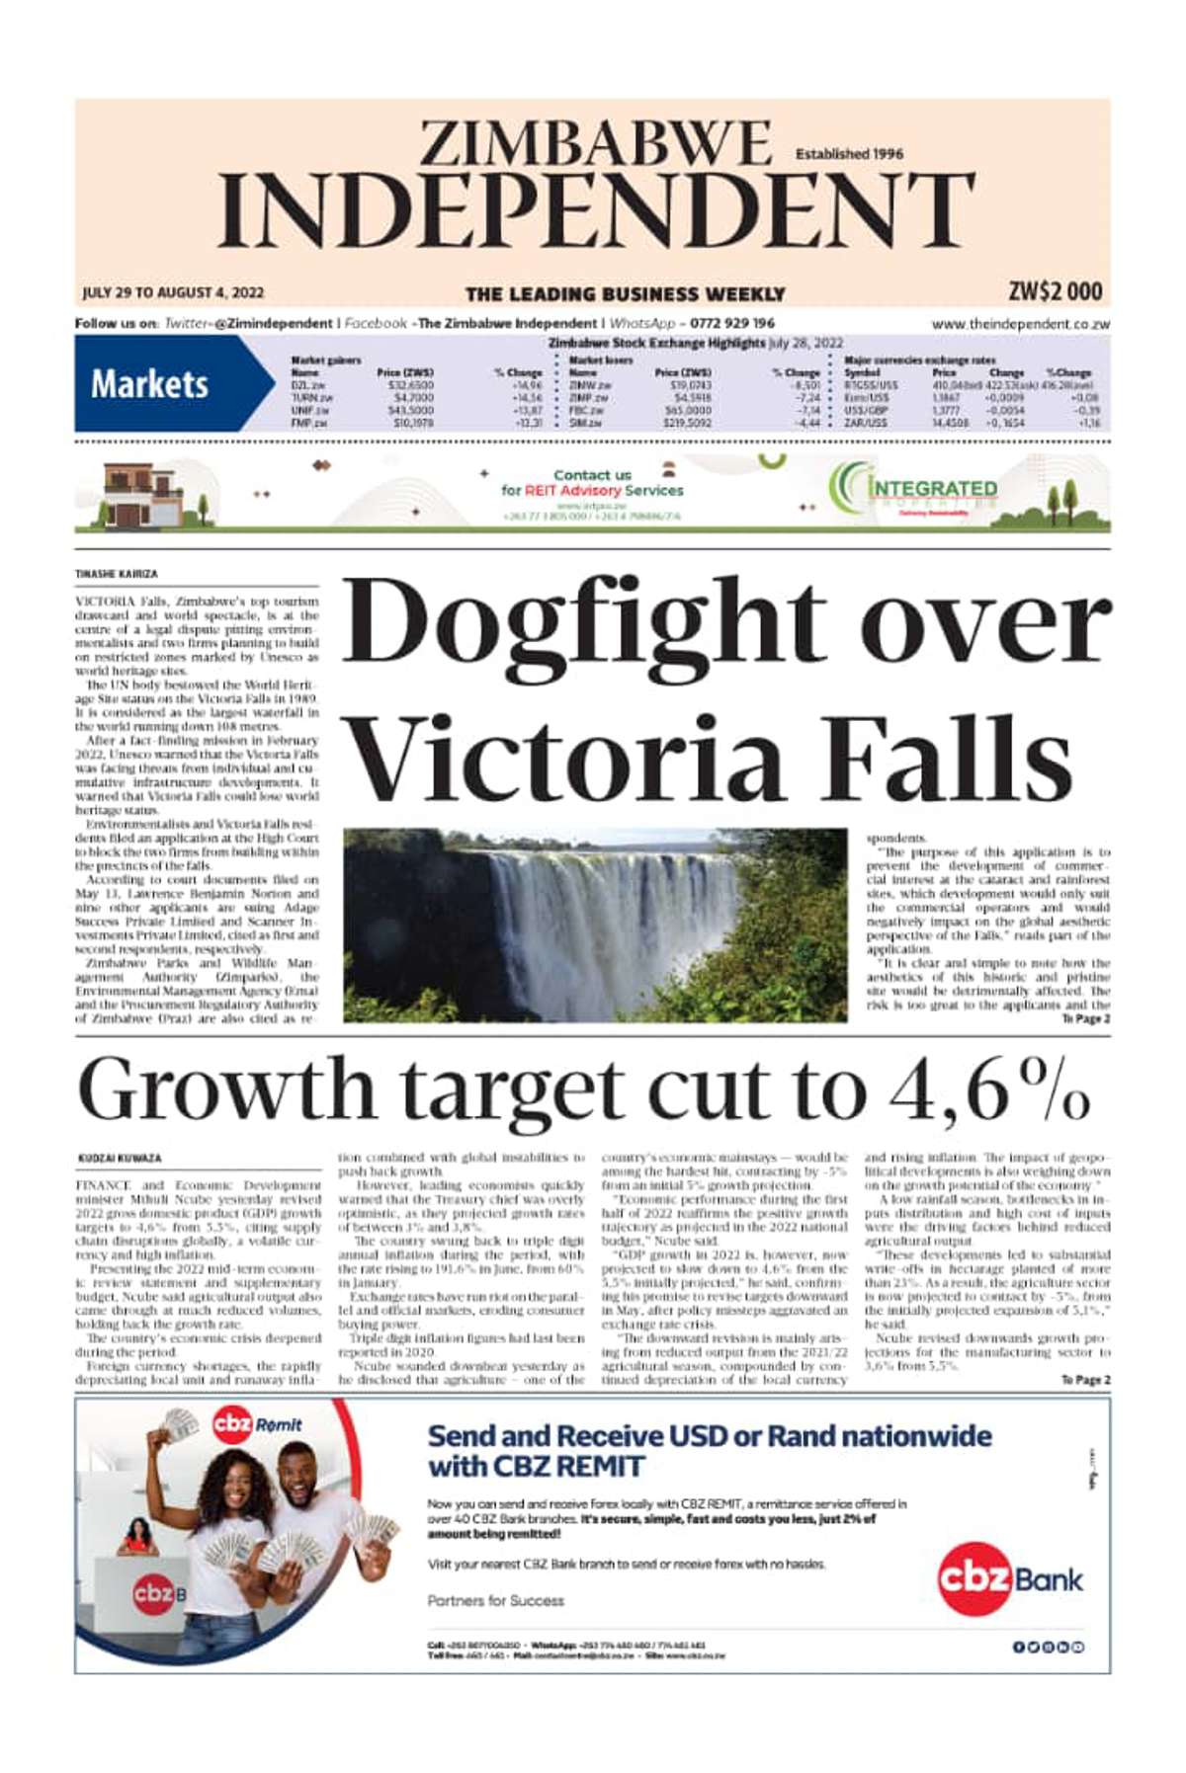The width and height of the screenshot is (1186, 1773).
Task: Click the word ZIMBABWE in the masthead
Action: [x=595, y=144]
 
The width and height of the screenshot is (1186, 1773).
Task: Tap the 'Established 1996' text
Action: [x=848, y=154]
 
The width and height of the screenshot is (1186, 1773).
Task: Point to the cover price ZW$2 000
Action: [x=1055, y=291]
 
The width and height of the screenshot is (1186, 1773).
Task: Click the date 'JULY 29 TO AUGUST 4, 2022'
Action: [x=173, y=292]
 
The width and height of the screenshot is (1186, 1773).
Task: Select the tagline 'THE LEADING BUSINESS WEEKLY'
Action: [x=625, y=293]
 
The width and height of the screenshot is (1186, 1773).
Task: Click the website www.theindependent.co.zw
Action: [x=1020, y=324]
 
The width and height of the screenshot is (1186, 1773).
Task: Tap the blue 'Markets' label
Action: [x=149, y=383]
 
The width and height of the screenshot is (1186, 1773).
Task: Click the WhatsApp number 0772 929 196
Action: [x=732, y=323]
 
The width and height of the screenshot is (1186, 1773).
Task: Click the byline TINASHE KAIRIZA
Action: [x=117, y=574]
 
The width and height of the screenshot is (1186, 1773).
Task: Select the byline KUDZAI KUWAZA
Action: [x=120, y=1158]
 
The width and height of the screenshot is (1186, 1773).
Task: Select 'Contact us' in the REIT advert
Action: [x=591, y=475]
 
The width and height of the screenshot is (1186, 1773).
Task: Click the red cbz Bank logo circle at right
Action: [x=974, y=1578]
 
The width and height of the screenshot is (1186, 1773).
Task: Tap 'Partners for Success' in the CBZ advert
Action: [x=496, y=1600]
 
